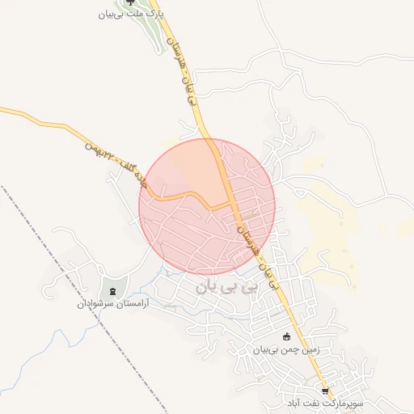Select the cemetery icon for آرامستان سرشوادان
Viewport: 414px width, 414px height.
tap(112, 290)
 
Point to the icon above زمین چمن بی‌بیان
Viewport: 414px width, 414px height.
tap(286, 336)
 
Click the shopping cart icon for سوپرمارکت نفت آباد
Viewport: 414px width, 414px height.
tap(325, 389)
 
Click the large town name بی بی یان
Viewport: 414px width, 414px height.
tap(230, 285)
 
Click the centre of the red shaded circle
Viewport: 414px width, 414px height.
tap(207, 206)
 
